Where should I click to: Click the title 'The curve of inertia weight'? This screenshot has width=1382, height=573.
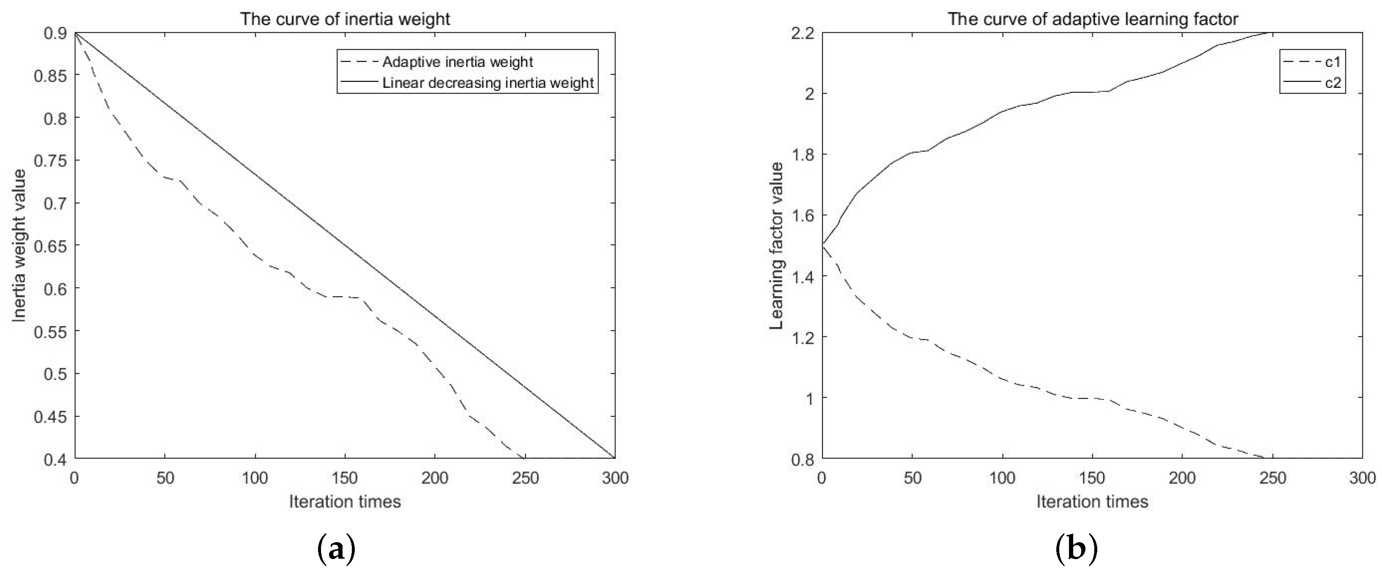click(x=345, y=19)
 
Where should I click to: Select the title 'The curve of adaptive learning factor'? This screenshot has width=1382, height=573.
click(x=1092, y=19)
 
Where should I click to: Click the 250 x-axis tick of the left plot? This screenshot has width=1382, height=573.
click(x=525, y=478)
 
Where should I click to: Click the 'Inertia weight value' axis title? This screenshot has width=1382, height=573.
click(x=19, y=246)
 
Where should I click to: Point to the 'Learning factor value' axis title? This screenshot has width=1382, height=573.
click(x=776, y=246)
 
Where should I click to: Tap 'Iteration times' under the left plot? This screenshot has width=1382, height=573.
click(x=345, y=502)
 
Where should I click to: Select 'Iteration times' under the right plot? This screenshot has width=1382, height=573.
click(x=1092, y=502)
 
